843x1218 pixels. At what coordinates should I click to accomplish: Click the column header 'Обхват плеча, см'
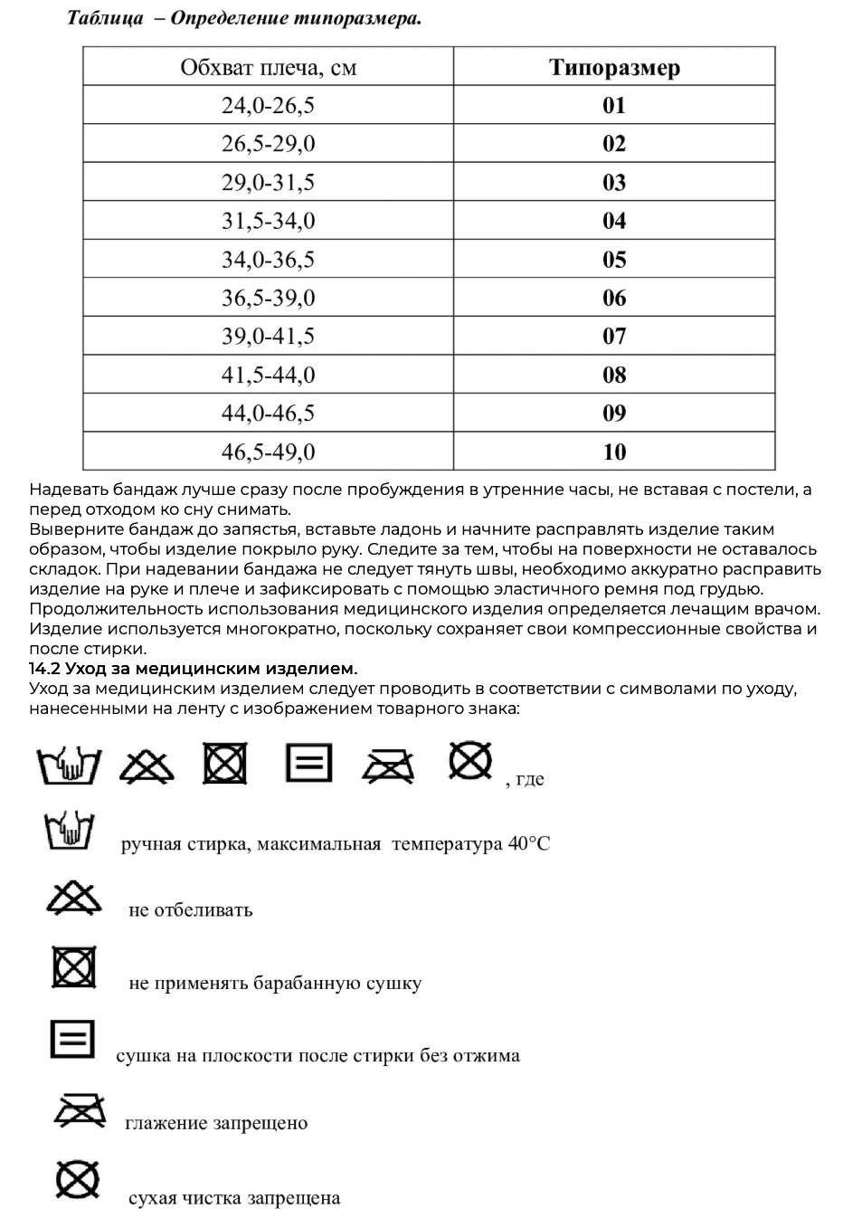[268, 67]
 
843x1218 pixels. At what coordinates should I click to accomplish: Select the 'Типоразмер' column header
[614, 67]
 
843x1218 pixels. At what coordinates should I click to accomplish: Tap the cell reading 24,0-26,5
[268, 106]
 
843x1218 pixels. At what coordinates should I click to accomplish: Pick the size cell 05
[614, 260]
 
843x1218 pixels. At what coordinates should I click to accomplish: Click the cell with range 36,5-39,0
[268, 298]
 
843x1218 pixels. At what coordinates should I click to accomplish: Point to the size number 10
[614, 452]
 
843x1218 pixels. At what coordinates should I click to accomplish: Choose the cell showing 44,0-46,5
[268, 414]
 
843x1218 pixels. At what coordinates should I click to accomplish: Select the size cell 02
[614, 144]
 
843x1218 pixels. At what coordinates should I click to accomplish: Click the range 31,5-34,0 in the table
[268, 221]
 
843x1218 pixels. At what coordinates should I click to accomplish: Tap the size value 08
[614, 375]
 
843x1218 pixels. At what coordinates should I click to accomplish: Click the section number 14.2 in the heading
[44, 669]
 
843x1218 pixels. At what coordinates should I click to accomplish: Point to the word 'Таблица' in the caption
[105, 18]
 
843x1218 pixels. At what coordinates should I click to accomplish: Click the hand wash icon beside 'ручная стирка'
[70, 830]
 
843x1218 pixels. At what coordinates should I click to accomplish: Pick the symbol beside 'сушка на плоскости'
[72, 1039]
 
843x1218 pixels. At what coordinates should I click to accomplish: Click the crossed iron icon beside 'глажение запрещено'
[80, 1110]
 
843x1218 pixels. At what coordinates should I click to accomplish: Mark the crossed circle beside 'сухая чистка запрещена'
[77, 1179]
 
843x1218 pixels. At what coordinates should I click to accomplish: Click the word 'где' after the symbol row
[530, 779]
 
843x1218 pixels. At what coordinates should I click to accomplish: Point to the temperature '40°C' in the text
[528, 844]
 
